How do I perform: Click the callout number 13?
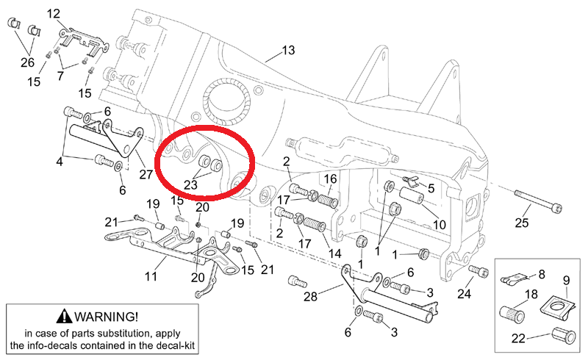287,51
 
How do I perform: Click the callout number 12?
54,13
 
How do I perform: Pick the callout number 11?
151,277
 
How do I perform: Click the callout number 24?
464,295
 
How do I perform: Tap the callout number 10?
439,223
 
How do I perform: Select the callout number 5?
431,188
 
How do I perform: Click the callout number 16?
330,179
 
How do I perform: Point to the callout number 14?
335,253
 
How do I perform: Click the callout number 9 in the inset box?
567,280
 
